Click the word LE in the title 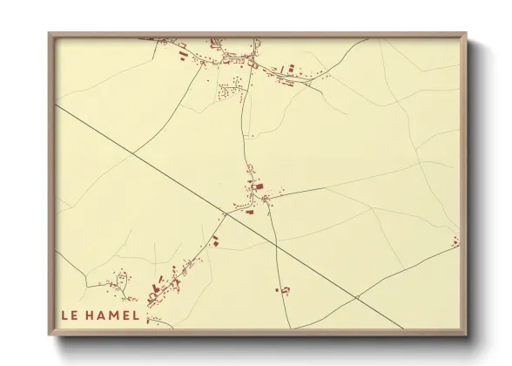69,315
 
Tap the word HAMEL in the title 113,315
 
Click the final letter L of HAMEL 135,315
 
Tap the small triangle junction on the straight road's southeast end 356,298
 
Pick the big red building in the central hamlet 257,186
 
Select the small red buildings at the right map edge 455,241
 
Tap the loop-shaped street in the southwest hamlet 123,280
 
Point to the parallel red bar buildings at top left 183,54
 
